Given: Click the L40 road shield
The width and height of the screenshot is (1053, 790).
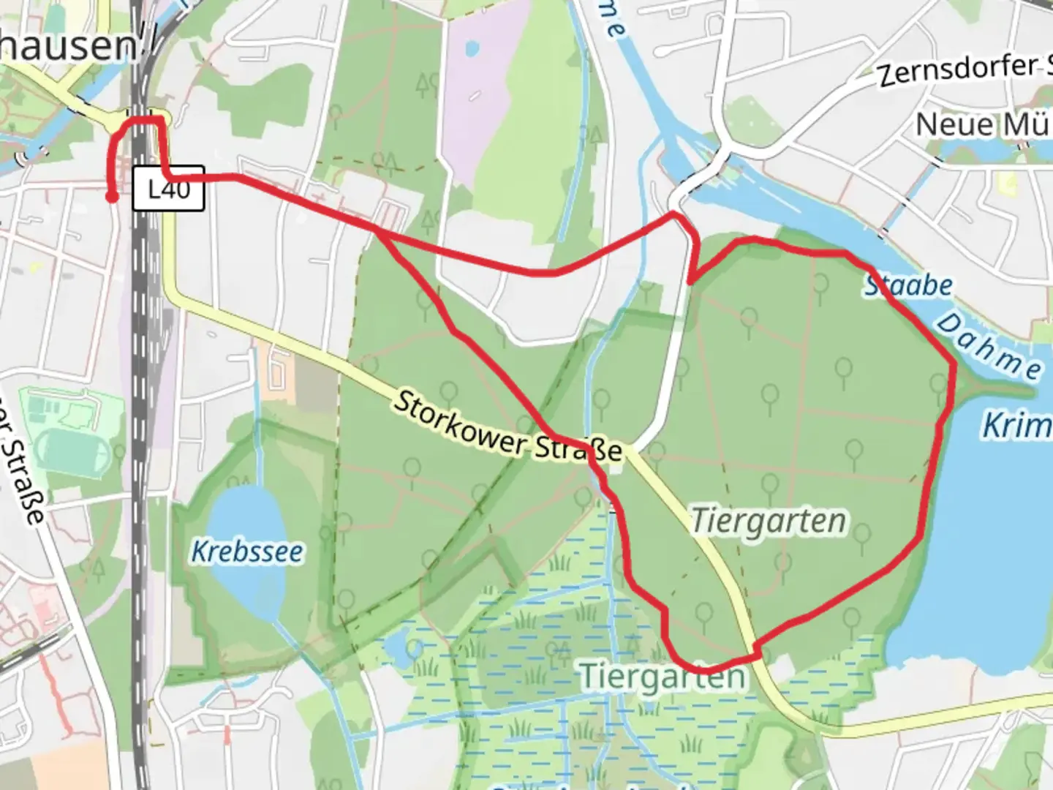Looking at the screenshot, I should tap(168, 190).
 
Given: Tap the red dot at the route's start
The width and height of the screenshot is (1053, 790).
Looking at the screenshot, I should tap(112, 196).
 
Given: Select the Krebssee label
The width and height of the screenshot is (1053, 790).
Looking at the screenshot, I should tap(246, 552).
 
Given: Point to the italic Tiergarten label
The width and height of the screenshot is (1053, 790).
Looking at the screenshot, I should tap(769, 522).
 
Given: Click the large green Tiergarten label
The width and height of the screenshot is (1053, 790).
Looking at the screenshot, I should tap(663, 677).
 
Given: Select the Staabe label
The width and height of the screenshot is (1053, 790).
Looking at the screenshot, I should tap(909, 285).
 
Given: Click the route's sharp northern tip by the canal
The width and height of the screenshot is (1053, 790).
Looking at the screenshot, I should tap(673, 214).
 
